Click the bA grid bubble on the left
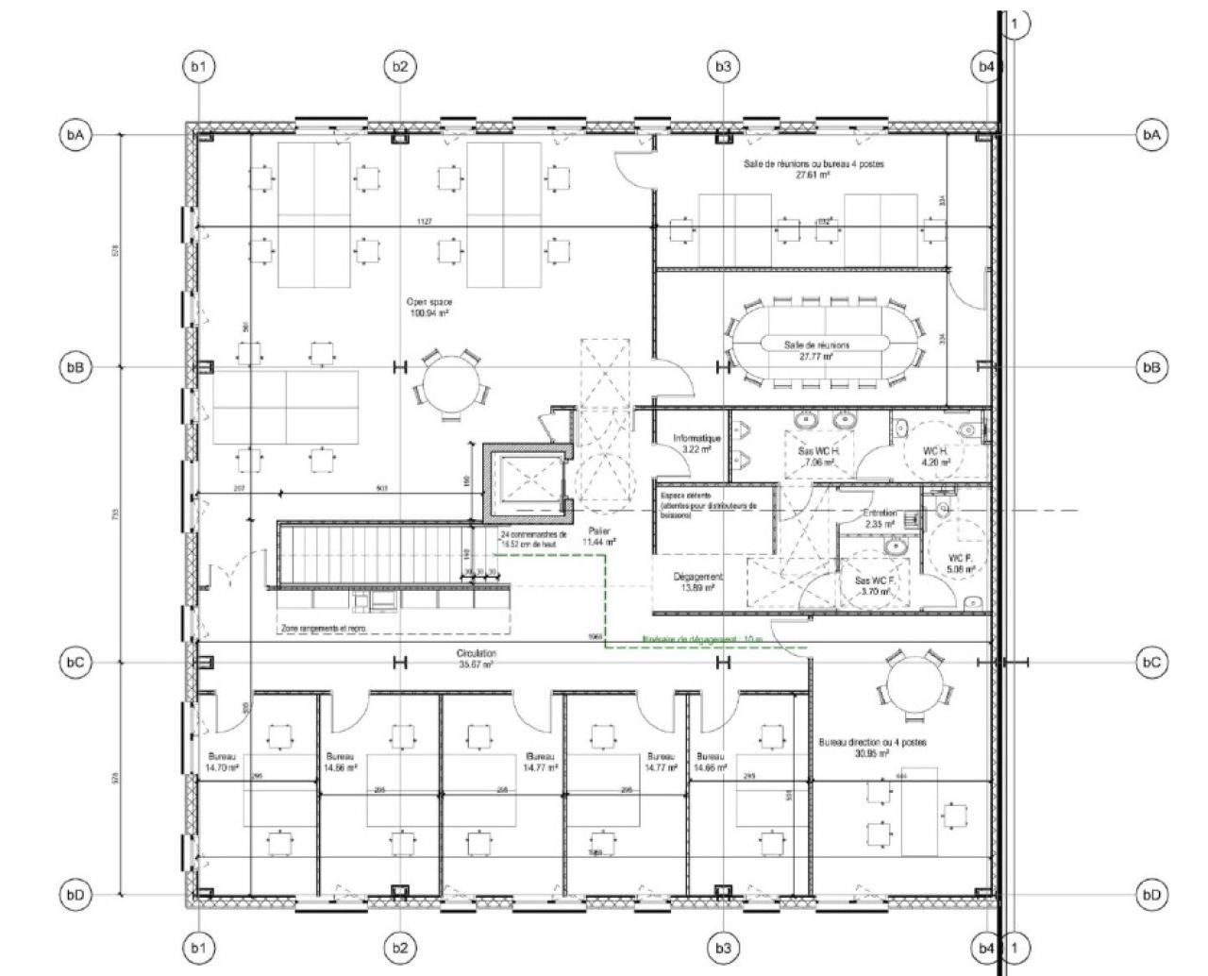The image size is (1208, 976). point(75,135)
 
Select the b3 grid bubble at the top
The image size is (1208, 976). point(723,66)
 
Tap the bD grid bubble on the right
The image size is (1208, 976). point(1150,894)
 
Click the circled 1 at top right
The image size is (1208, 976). point(1015,24)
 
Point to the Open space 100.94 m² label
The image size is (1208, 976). point(428,308)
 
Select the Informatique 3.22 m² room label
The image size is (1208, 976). point(696,444)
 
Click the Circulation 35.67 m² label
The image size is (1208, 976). point(477,659)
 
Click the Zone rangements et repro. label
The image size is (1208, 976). point(323,628)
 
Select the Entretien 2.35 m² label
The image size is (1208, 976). point(880,518)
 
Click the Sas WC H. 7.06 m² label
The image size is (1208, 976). point(819,457)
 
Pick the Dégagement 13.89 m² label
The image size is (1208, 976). point(698,581)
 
